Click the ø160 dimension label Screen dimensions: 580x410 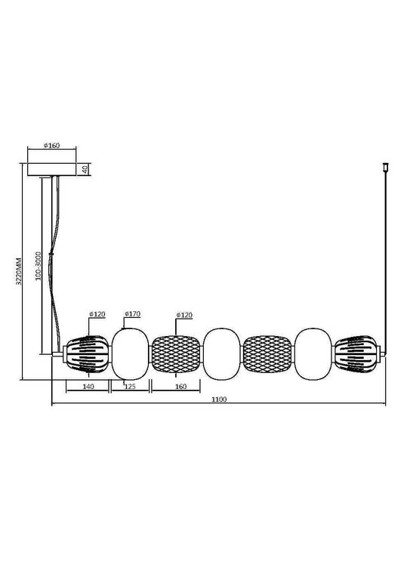coord(52,146)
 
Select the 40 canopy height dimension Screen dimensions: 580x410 coord(85,168)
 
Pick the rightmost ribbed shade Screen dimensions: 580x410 coord(360,353)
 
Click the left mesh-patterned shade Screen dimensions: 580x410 coord(176,353)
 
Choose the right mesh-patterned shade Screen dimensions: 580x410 coord(269,353)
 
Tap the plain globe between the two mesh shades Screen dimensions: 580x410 coord(222,353)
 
